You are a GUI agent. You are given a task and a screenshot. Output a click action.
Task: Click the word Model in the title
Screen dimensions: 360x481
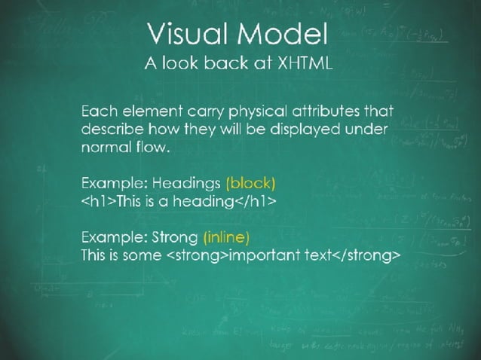coord(286,33)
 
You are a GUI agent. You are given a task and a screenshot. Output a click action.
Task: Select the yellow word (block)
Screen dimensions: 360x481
coord(250,183)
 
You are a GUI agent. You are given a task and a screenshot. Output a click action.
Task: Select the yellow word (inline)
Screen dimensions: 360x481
coord(225,237)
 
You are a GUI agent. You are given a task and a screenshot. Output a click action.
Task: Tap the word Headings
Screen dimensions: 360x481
coord(186,183)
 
